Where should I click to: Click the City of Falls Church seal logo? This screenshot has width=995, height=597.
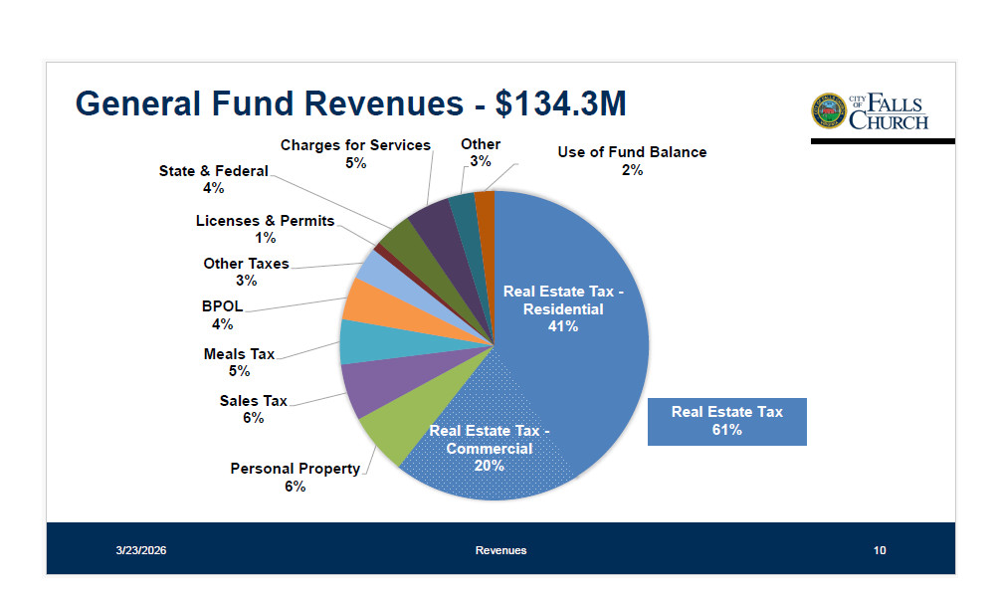pos(828,111)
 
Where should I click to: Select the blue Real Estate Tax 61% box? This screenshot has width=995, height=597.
pos(726,421)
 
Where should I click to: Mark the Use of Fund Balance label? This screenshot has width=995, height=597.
pos(632,160)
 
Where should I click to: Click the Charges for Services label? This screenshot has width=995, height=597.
pos(355,153)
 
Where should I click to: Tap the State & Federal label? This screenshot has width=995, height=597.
pos(213,179)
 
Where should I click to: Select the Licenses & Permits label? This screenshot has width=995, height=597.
pos(265,229)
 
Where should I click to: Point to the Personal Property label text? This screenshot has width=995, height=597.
pos(295,477)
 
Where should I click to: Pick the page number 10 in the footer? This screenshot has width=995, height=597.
pos(880,550)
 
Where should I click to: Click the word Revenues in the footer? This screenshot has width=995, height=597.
pos(500,550)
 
